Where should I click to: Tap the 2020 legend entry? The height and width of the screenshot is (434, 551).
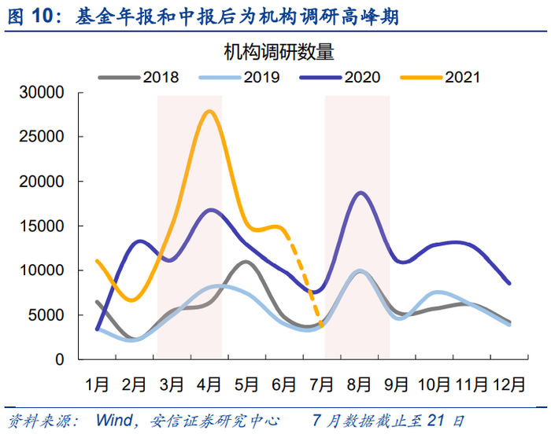[x=362, y=77]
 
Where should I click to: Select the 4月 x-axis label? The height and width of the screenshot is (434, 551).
[x=209, y=384]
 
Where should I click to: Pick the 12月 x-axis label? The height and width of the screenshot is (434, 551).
[x=508, y=384]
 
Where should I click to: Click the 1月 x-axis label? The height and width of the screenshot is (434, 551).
[x=97, y=384]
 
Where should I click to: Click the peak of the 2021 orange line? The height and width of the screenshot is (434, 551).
[x=209, y=112]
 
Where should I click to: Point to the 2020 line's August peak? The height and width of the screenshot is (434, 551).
[x=361, y=193]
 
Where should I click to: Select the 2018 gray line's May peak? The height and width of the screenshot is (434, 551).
[x=246, y=262]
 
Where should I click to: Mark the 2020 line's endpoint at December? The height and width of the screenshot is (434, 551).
[x=509, y=283]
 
